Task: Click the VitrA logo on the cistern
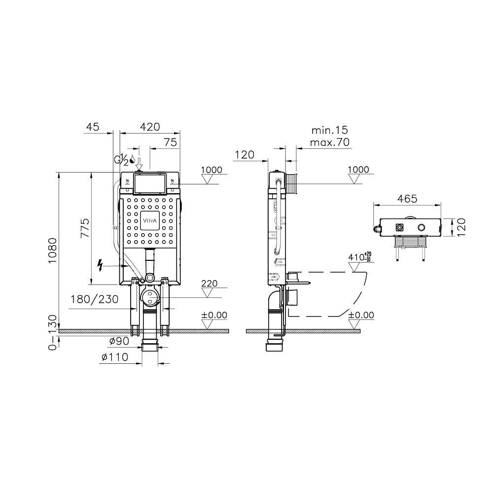point(150,220)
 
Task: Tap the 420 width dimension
point(150,127)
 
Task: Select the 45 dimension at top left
point(93,127)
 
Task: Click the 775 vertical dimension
point(85,228)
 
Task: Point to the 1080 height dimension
point(53,251)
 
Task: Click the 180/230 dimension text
point(94,299)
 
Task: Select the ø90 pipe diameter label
point(119,341)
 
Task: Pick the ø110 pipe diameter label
point(115,357)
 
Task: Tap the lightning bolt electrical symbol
point(100,265)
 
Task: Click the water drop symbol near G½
point(132,160)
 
